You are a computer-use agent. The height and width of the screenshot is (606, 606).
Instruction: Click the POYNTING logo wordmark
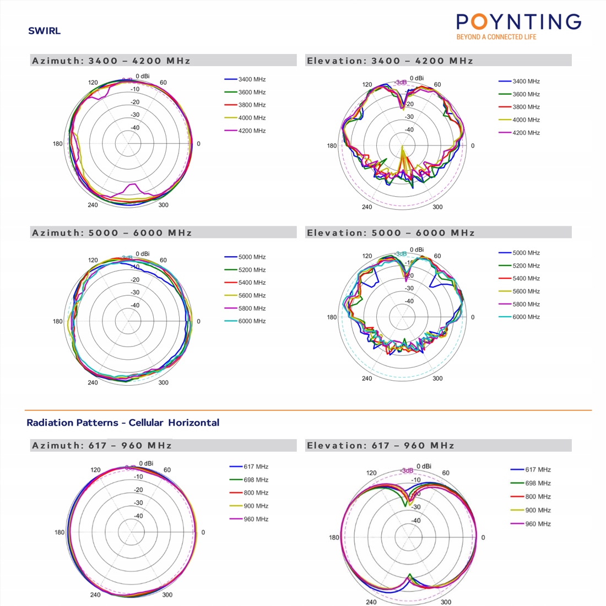tap(518, 22)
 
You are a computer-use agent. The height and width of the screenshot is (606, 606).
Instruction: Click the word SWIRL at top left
tap(44, 31)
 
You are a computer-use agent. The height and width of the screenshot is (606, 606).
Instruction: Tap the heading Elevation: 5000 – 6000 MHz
tap(391, 233)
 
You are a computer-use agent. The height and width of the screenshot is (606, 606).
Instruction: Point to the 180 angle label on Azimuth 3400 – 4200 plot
tap(58, 144)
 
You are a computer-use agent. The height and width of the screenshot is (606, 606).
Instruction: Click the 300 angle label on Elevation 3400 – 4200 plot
tap(437, 207)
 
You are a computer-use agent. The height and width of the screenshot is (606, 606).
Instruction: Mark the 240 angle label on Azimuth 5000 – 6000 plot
tap(93, 382)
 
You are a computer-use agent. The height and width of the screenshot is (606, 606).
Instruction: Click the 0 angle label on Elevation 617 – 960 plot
tap(483, 538)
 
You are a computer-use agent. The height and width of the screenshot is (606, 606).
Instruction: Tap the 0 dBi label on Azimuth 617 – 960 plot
tap(146, 463)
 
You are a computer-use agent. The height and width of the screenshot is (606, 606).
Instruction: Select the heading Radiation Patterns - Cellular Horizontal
tap(123, 423)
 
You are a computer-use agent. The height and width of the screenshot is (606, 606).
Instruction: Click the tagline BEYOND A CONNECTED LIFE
tap(496, 37)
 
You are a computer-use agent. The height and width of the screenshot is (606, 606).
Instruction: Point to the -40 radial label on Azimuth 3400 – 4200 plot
tap(134, 128)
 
